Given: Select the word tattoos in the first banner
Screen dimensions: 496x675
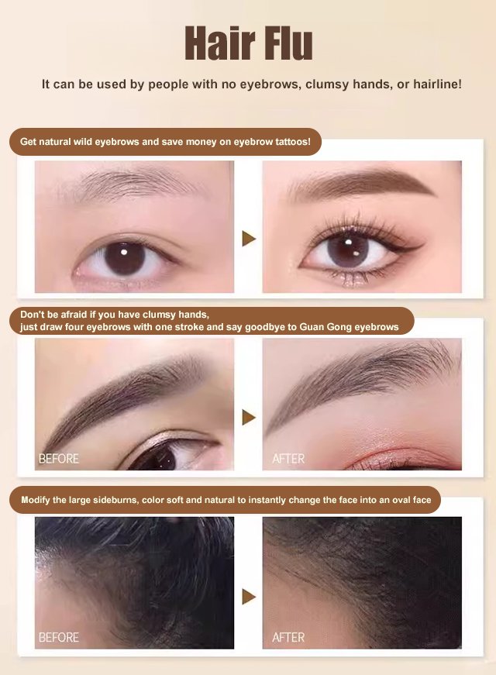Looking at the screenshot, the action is point(293,142).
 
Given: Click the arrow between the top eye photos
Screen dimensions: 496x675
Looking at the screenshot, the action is point(249,239).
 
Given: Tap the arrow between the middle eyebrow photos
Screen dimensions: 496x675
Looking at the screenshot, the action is point(249,417).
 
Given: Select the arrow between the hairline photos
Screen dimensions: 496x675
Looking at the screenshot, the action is point(249,597).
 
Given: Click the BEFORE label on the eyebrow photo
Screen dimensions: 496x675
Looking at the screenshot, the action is point(59,459).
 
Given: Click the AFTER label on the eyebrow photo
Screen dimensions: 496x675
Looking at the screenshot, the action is point(288,459).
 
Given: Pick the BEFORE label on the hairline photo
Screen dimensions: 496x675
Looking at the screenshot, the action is point(59,638).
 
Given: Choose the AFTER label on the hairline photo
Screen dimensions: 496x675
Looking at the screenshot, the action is point(288,638).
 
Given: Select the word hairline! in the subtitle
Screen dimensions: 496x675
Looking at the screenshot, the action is point(437,84).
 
